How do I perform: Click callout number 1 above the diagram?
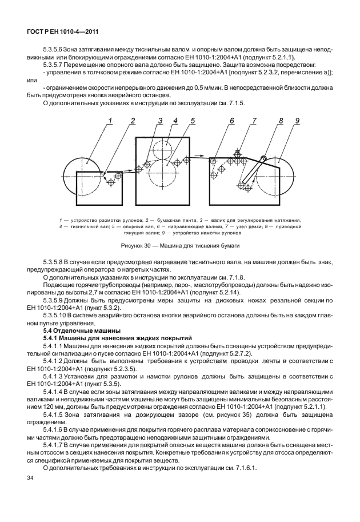pyautogui.click(x=110, y=121)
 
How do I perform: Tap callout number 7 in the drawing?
pyautogui.click(x=254, y=121)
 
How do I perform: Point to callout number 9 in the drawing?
pyautogui.click(x=298, y=121)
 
